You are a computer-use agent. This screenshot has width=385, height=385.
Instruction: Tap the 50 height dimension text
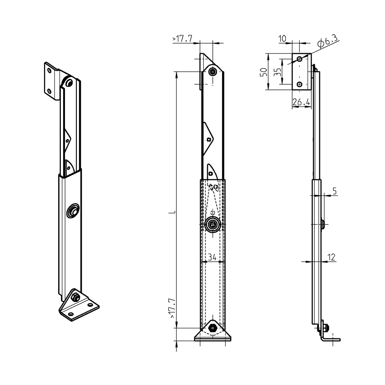pyautogui.click(x=264, y=72)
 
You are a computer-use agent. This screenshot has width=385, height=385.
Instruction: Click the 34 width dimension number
pyautogui.click(x=212, y=258)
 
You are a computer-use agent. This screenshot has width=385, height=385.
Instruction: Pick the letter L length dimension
pyautogui.click(x=171, y=212)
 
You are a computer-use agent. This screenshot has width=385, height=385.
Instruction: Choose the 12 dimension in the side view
pyautogui.click(x=331, y=257)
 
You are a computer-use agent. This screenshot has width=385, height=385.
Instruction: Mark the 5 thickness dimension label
pyautogui.click(x=335, y=191)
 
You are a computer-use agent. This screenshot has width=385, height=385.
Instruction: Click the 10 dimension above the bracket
pyautogui.click(x=282, y=38)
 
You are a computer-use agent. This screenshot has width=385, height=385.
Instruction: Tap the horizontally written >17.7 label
pyautogui.click(x=182, y=39)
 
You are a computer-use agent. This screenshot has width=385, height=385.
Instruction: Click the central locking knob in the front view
pyautogui.click(x=213, y=225)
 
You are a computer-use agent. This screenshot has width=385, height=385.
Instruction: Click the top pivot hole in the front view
pyautogui.click(x=213, y=71)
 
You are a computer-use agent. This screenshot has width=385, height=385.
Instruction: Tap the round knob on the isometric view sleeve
pyautogui.click(x=73, y=211)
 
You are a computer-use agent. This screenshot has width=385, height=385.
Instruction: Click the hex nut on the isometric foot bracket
pyautogui.click(x=76, y=297)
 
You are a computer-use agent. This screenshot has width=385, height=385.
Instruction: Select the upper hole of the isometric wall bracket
pyautogui.click(x=49, y=70)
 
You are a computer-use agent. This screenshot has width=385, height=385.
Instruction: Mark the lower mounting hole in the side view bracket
pyautogui.click(x=299, y=84)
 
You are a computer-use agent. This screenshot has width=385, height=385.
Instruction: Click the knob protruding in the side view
pyautogui.click(x=323, y=225)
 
